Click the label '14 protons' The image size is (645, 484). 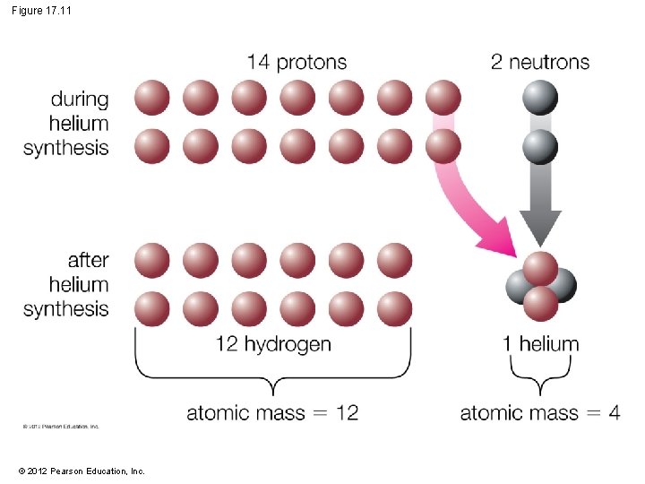point(297,62)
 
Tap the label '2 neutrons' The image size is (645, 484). point(540,62)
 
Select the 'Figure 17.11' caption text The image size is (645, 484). point(43,10)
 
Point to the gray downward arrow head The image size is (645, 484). point(541,228)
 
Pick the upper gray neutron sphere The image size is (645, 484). point(540,98)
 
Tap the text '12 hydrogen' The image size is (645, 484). point(273,343)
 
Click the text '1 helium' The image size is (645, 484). point(540,343)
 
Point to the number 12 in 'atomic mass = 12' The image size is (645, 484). point(347,412)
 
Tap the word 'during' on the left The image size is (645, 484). point(79,99)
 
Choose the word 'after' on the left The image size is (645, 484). point(88,261)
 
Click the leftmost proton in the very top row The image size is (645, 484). point(152,98)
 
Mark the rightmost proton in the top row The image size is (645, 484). point(443,98)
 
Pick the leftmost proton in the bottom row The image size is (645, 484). point(152,308)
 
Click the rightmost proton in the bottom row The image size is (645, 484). point(395,308)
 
